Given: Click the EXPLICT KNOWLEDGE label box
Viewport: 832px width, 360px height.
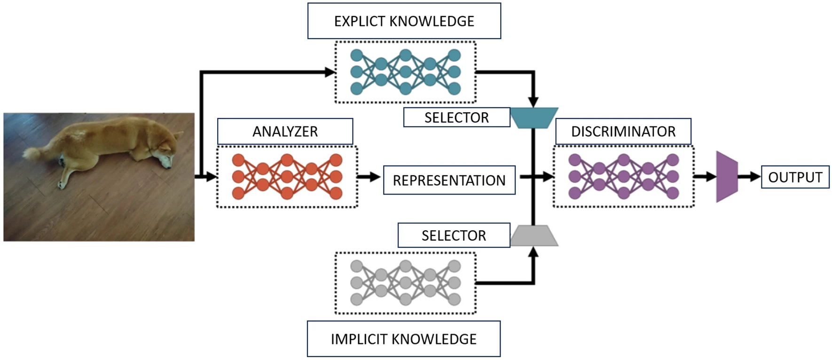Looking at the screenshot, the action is tap(404, 21).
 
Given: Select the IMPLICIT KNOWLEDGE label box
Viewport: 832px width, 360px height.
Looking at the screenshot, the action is tap(404, 339).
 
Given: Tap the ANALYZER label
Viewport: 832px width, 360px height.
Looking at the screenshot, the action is tap(285, 132).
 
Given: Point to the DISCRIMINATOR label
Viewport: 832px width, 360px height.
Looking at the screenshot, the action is tap(623, 132).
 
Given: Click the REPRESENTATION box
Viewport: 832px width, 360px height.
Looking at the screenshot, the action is tap(449, 180).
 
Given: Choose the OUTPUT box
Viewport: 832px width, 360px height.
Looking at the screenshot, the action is tap(795, 177).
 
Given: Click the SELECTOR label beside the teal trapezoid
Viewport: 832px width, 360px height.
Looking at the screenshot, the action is tap(457, 117).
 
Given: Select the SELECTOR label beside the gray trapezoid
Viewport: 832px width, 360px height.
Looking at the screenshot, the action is tap(454, 235).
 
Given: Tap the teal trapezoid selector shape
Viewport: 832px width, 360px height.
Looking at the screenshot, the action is tap(534, 117).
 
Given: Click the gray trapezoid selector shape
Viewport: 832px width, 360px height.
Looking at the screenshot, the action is tap(534, 235).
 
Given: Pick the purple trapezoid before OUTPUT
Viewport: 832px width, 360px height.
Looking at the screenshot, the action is tap(727, 177).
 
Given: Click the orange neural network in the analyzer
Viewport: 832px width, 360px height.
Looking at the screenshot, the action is tap(287, 177).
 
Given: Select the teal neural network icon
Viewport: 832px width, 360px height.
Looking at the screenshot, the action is tap(405, 72).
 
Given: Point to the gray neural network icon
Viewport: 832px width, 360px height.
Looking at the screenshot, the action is tap(405, 283).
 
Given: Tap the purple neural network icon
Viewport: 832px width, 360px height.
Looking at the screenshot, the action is tap(624, 177).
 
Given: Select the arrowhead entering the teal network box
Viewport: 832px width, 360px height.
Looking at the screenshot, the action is tap(330, 72).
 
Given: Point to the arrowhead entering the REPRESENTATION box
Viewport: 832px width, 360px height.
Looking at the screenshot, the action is tap(375, 177).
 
